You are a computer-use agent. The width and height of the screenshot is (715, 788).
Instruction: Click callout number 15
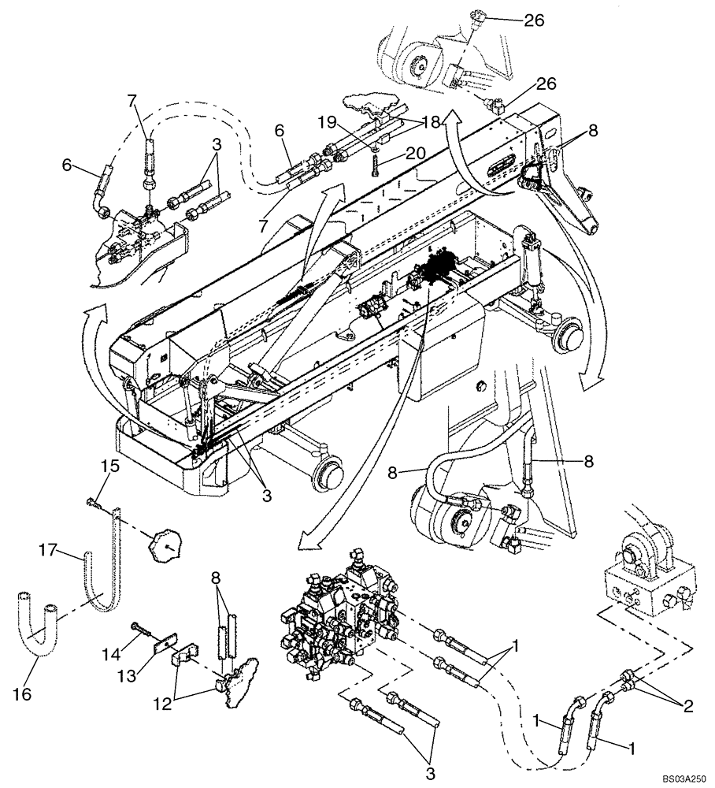(109, 466)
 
